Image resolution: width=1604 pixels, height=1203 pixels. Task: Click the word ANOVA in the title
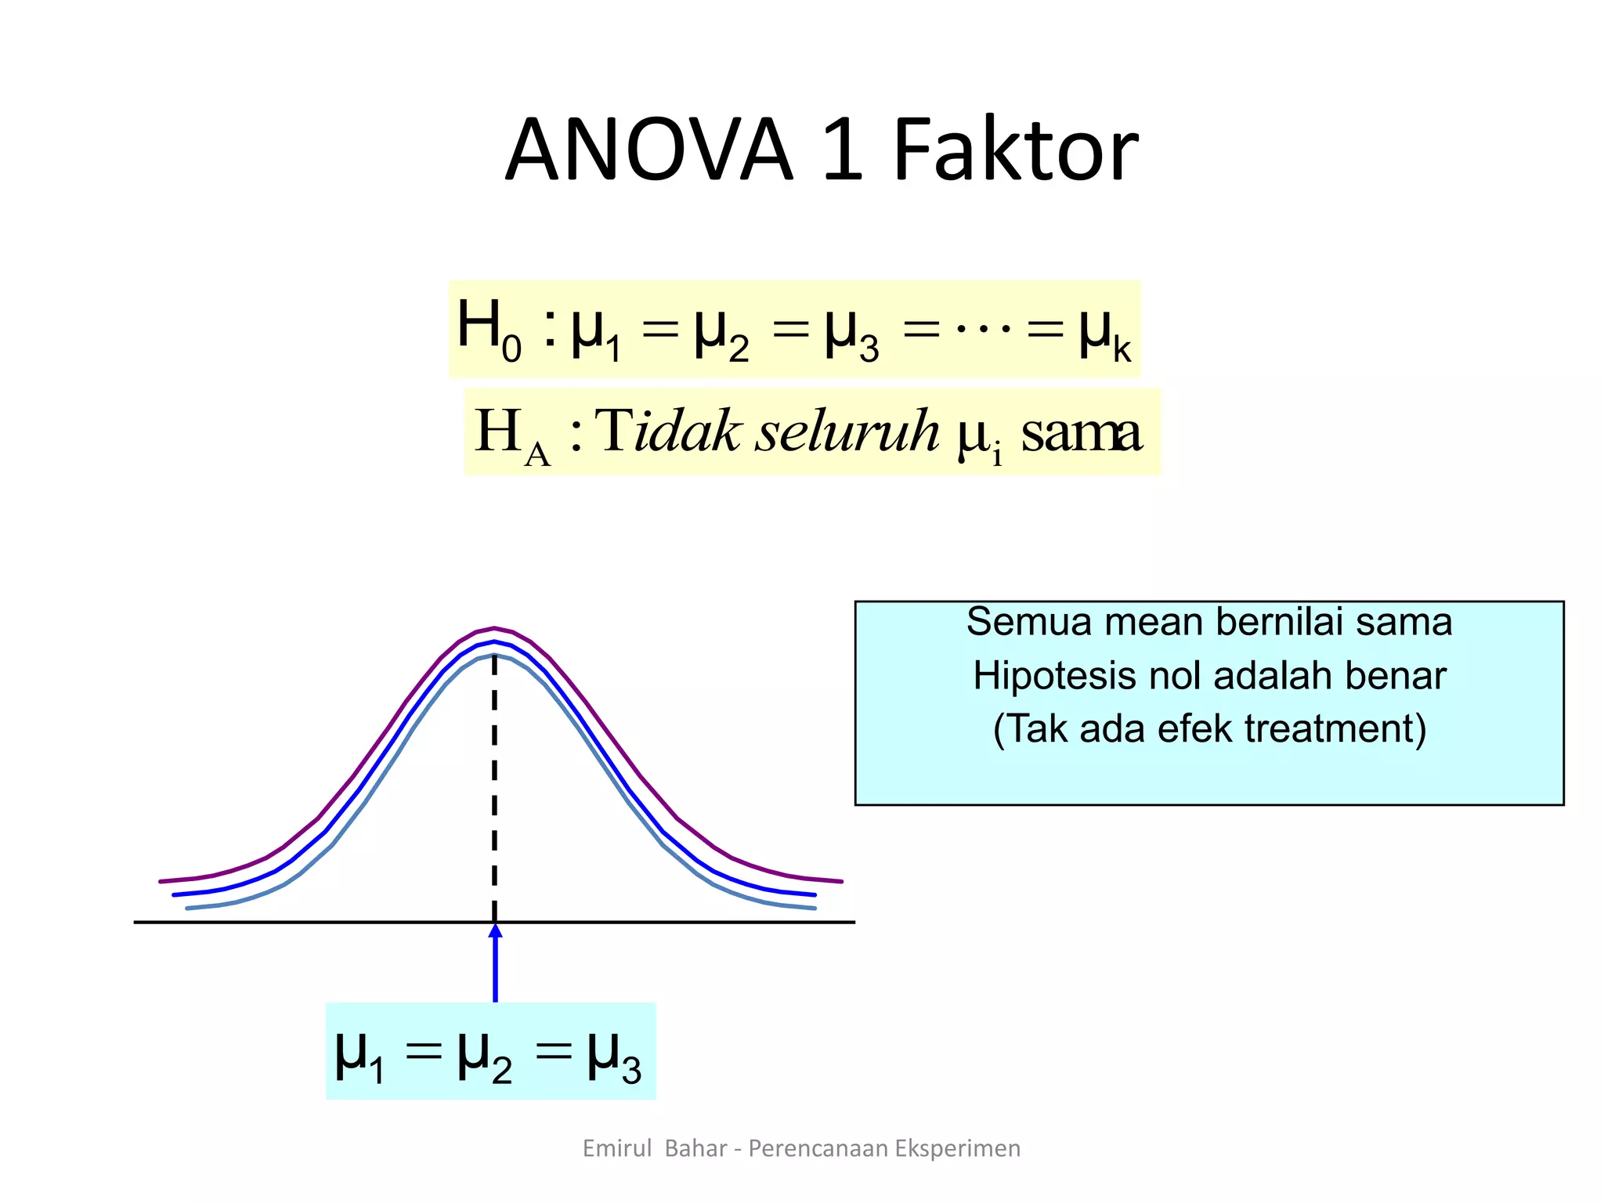tap(649, 150)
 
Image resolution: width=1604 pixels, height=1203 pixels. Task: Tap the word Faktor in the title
tap(1015, 150)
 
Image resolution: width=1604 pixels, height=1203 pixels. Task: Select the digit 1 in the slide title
tap(843, 150)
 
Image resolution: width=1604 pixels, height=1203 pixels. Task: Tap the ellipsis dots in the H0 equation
tap(984, 327)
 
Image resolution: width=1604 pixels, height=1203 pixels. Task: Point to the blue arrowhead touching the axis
tap(495, 931)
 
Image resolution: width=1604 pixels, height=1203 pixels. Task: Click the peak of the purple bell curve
tap(494, 628)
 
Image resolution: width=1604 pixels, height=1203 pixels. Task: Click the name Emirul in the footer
tap(617, 1148)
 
